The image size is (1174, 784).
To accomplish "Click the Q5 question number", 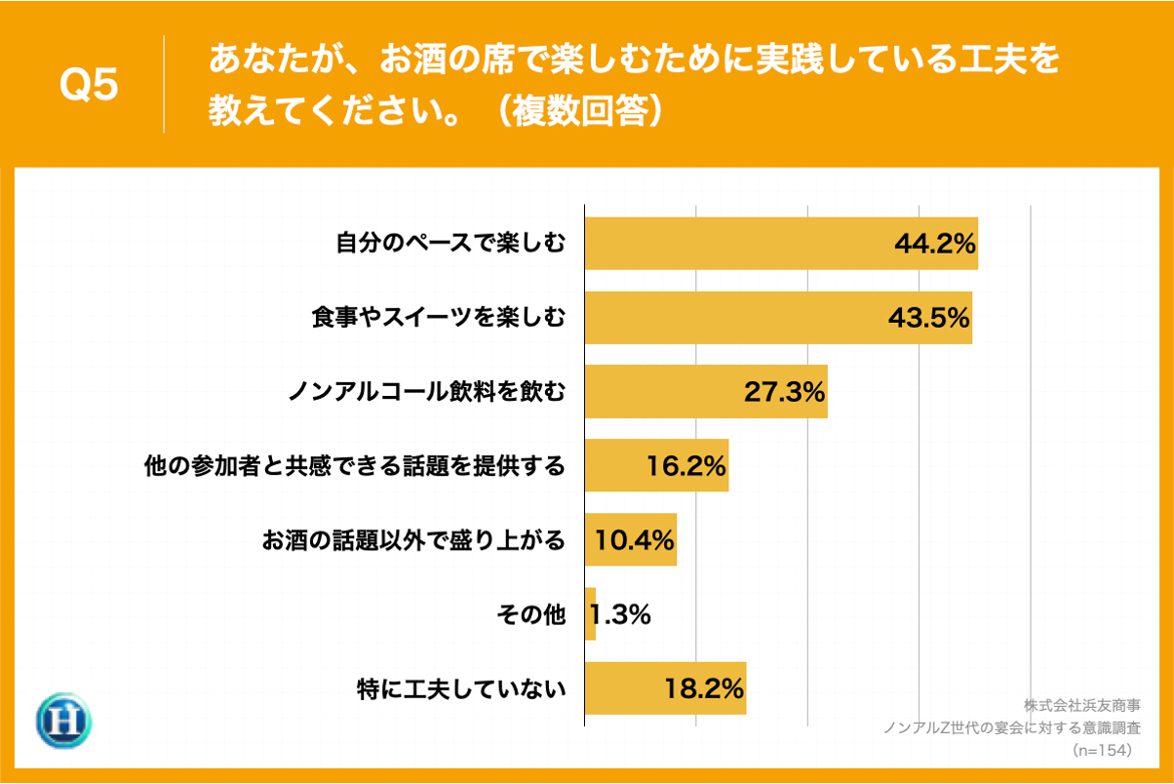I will [89, 86].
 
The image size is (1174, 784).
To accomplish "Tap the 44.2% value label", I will [935, 244].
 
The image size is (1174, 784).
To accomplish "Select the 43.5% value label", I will [929, 318].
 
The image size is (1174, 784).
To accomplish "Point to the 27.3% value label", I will [785, 392].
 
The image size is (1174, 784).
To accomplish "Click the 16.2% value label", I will [686, 466].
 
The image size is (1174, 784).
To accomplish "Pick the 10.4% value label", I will [635, 540].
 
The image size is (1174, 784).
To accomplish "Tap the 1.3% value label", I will [620, 614].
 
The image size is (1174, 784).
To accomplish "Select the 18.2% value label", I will [704, 688].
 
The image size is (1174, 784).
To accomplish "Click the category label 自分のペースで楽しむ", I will [450, 244].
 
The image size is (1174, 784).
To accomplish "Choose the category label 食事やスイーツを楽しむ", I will [439, 318].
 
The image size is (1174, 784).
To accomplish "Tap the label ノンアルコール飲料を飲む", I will [426, 392].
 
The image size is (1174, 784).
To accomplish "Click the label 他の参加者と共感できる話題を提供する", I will [354, 466].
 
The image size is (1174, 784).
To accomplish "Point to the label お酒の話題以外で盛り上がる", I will [413, 540].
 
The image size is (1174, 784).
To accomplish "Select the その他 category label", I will [530, 614].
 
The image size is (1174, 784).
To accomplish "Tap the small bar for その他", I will [590, 614].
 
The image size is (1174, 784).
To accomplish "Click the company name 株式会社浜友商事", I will [1082, 704].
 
